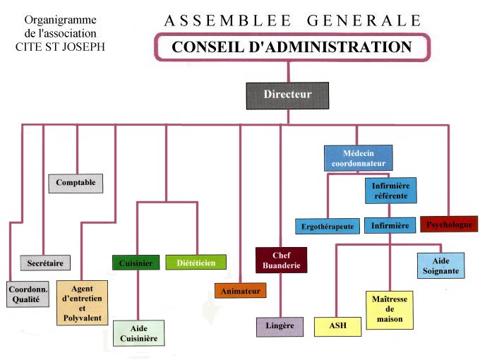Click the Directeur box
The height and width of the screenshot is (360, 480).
[x=287, y=95]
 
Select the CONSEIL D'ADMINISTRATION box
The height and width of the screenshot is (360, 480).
[x=292, y=48]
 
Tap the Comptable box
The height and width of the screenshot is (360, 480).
[x=76, y=183]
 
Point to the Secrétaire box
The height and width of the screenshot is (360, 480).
[x=45, y=263]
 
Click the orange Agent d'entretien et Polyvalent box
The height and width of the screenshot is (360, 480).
[x=82, y=303]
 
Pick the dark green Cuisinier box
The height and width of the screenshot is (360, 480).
[x=136, y=263]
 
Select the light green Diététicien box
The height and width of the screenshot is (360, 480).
[x=196, y=262]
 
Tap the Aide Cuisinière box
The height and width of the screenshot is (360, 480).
[x=138, y=333]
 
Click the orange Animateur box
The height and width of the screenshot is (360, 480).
[x=240, y=290]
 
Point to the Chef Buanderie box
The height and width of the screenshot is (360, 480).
[x=282, y=260]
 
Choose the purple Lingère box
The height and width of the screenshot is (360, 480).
[x=280, y=326]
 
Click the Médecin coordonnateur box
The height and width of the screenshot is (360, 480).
[x=359, y=158]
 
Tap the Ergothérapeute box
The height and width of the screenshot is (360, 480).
[x=328, y=227]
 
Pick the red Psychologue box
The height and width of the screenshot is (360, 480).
[x=449, y=224]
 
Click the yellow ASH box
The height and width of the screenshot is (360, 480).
[x=337, y=325]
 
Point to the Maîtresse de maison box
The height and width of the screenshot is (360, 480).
[x=390, y=309]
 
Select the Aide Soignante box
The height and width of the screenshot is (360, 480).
[x=440, y=265]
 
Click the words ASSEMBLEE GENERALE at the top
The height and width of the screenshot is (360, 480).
[x=292, y=20]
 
